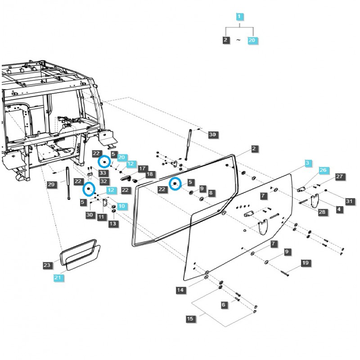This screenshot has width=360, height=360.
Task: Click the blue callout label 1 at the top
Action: pyautogui.click(x=239, y=17)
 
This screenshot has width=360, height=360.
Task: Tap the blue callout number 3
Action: pyautogui.click(x=308, y=163)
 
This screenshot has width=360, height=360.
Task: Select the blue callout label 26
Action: pyautogui.click(x=323, y=171)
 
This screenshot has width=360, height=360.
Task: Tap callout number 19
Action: pyautogui.click(x=305, y=262)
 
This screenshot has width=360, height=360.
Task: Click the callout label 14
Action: pyautogui.click(x=180, y=290)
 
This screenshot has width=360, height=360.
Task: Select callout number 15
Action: pyautogui.click(x=190, y=319)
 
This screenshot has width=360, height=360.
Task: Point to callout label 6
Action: pyautogui.click(x=224, y=305)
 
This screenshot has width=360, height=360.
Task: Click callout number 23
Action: pyautogui.click(x=47, y=265)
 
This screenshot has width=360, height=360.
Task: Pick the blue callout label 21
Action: pyautogui.click(x=58, y=278)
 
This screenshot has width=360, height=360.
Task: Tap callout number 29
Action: pyautogui.click(x=50, y=184)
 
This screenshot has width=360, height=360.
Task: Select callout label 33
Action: pyautogui.click(x=103, y=173)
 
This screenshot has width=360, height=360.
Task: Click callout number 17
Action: pyautogui.click(x=142, y=168)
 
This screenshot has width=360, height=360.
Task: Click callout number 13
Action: pyautogui.click(x=112, y=223)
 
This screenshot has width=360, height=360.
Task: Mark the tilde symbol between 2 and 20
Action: pyautogui.click(x=239, y=40)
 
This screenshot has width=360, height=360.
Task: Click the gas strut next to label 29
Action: pyautogui.click(x=68, y=183)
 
